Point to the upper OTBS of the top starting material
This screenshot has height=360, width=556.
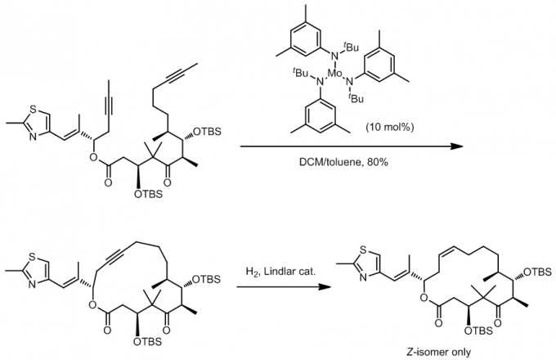pyautogui.click(x=211, y=130)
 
